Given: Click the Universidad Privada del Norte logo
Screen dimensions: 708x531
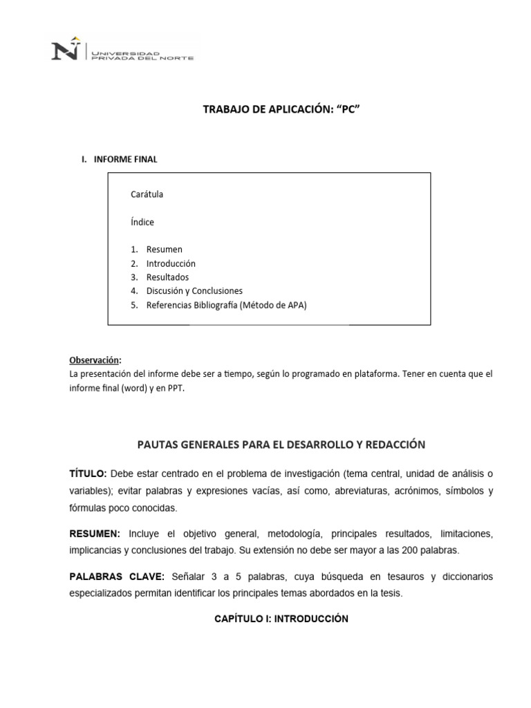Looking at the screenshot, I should click(122, 52).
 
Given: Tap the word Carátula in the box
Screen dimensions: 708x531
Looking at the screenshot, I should click(147, 194).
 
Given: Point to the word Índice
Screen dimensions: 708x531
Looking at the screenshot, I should click(142, 222).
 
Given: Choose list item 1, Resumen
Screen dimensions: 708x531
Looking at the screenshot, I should click(164, 249).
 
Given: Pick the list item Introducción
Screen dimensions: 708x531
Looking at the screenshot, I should click(171, 263).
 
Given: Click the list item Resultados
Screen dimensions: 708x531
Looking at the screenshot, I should click(167, 277).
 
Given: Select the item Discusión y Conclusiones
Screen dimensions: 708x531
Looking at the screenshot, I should click(194, 291).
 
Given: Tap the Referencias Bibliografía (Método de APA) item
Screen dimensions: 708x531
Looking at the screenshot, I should click(226, 305).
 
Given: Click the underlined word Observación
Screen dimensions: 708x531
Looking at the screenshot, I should click(94, 360).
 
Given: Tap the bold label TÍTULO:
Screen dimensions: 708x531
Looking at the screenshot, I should click(88, 473).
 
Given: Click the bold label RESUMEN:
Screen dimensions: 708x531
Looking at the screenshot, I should click(95, 534).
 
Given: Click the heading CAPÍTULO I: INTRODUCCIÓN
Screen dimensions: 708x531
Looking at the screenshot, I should click(281, 619).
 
